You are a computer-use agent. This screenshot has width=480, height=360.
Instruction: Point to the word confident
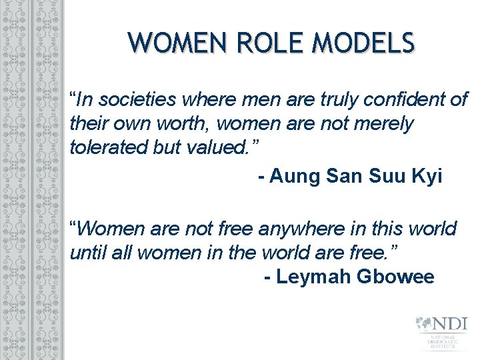[x=396, y=101]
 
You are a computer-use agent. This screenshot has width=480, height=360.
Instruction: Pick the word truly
[x=325, y=101]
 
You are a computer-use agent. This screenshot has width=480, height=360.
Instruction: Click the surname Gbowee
[x=397, y=276]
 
